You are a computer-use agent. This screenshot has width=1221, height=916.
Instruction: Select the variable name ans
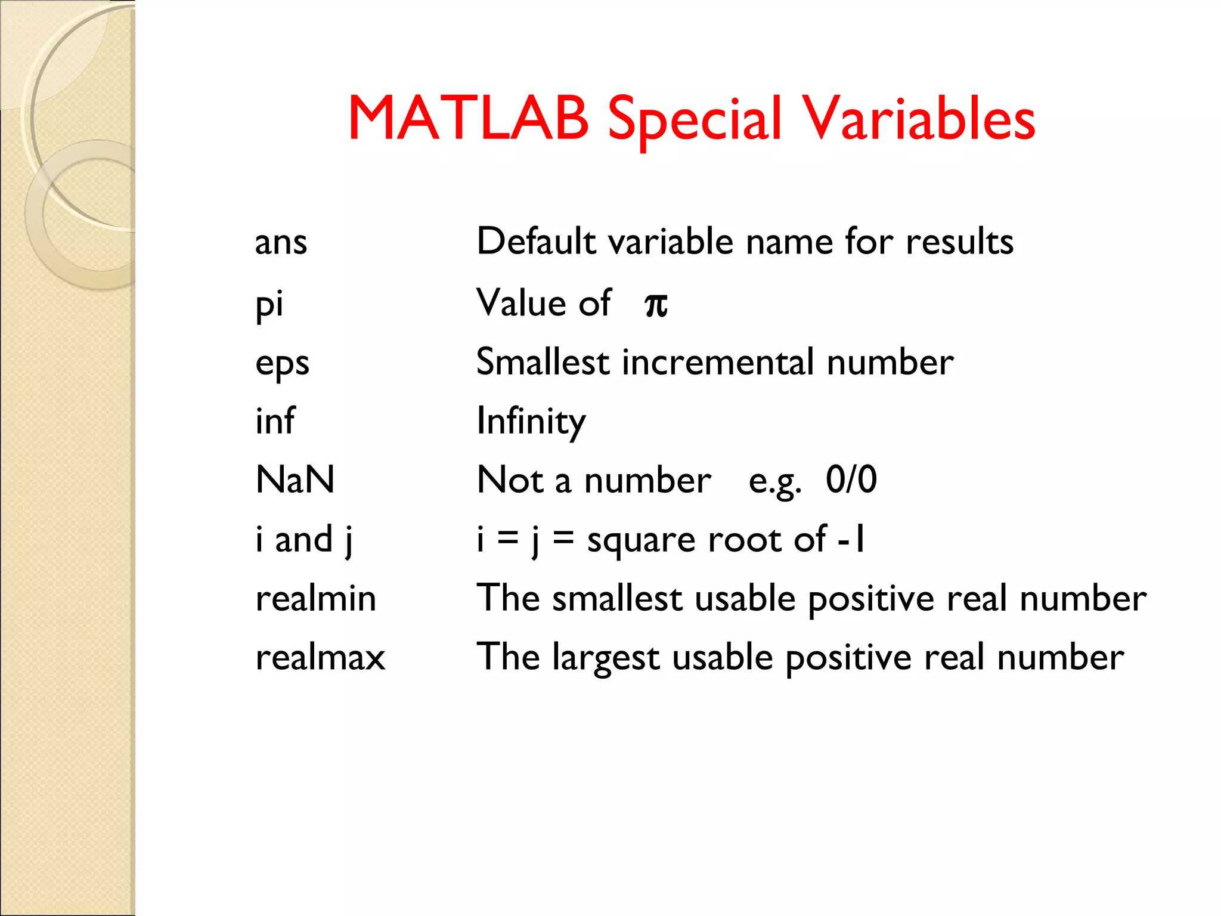tap(281, 243)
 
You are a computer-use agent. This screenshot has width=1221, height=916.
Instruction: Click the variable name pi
tap(269, 304)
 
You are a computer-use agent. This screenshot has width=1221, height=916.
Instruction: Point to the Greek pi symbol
tap(656, 304)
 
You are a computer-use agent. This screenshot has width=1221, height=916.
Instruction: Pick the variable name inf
tap(275, 421)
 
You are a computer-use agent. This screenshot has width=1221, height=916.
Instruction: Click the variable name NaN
tap(295, 479)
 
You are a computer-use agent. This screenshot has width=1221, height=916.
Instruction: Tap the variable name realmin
tap(316, 598)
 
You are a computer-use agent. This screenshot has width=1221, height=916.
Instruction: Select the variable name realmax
tap(320, 657)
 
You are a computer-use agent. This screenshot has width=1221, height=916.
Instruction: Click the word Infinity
tap(531, 421)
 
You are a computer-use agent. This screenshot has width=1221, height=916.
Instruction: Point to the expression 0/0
tap(851, 479)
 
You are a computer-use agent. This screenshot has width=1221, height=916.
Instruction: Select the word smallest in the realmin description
tap(617, 598)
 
